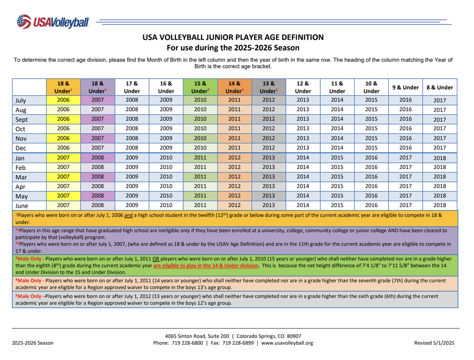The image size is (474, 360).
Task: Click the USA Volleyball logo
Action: tap(53, 22)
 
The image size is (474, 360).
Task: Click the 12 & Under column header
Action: tap(303, 87)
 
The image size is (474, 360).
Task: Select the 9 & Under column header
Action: tap(405, 87)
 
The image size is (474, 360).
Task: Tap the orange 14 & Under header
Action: tap(235, 87)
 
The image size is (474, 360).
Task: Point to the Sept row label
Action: tap(21, 119)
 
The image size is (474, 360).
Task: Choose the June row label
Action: tap(22, 206)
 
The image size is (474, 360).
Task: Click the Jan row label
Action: tap(20, 158)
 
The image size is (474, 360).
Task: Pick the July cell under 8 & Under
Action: tap(440, 100)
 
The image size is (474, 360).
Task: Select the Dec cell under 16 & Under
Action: tap(166, 148)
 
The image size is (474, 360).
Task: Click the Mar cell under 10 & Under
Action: tap(371, 177)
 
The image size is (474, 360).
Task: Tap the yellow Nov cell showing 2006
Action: tap(63, 138)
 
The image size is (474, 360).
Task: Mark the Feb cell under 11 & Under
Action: tap(337, 167)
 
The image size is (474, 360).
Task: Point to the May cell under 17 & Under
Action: tap(132, 196)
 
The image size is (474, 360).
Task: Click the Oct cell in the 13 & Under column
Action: tap(269, 129)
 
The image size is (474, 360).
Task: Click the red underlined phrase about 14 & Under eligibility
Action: tap(206, 266)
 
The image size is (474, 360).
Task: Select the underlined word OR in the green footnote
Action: tap(156, 259)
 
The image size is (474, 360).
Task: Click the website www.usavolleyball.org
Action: tap(287, 343)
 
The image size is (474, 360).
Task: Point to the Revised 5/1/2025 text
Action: tap(434, 343)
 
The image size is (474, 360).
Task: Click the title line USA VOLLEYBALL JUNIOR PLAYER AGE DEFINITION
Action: tap(233, 37)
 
